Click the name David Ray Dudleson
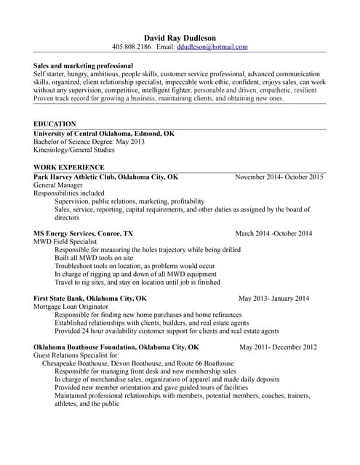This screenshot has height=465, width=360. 180,37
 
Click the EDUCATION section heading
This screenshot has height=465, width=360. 55,124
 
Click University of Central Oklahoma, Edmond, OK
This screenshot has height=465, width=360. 104,134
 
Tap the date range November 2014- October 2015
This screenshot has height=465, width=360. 279,177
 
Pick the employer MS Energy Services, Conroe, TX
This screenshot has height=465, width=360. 84,233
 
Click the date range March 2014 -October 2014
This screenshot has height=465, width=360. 273,233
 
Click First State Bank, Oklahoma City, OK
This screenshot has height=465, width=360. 90,298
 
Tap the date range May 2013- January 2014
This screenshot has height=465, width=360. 273,298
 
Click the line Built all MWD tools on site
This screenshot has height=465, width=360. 94,258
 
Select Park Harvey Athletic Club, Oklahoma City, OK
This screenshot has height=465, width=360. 106,177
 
